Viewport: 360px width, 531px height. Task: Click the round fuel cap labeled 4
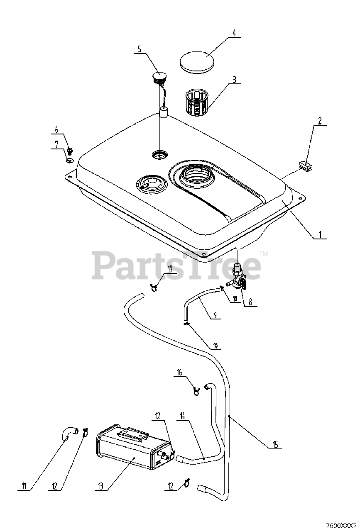coord(197,62)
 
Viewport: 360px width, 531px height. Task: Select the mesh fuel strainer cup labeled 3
coord(197,102)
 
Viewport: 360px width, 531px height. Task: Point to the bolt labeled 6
coord(70,151)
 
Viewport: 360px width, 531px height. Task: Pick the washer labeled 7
coord(69,161)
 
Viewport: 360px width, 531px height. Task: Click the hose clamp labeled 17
coord(154,288)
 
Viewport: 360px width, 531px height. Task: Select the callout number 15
coord(275,444)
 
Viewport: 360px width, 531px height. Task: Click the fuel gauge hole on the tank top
coord(159,154)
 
